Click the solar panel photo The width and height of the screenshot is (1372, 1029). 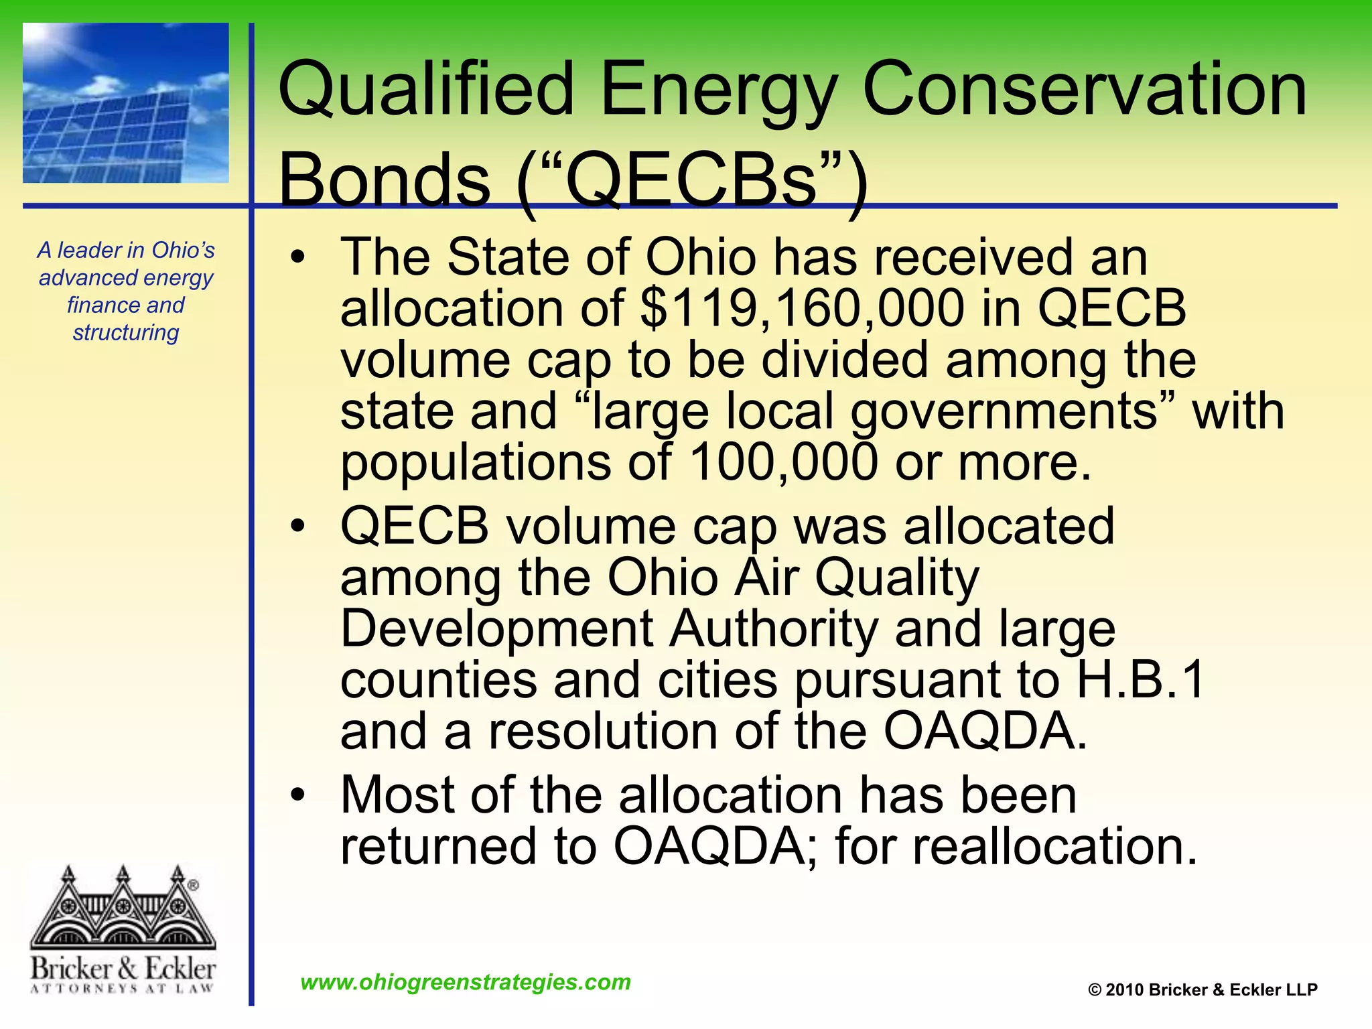point(125,103)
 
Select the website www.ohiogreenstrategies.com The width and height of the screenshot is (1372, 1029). point(466,982)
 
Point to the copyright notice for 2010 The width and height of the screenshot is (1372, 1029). point(1203,990)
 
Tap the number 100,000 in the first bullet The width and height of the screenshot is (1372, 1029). point(782,462)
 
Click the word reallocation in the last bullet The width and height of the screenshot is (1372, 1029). point(1054,847)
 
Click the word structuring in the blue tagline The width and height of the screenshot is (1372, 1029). point(126,332)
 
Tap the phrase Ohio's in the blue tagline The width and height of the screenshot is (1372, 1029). point(184,250)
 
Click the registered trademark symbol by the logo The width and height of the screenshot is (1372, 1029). point(193,885)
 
